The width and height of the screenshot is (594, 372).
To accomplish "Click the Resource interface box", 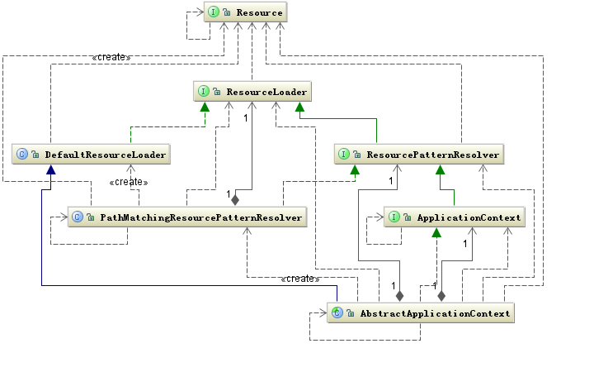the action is (x=246, y=12).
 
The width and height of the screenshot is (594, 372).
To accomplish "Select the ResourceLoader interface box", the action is (x=252, y=91).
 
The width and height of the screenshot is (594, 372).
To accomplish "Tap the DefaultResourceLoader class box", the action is (x=91, y=154).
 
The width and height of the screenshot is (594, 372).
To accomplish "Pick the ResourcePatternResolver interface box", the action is (x=419, y=154).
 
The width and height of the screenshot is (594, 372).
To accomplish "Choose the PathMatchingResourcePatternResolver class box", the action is (x=187, y=217).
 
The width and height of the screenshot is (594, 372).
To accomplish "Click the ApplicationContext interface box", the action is (x=455, y=217).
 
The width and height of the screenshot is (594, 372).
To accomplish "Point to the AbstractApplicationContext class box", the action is (x=421, y=312).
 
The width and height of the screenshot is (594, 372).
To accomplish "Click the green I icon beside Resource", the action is (x=214, y=12).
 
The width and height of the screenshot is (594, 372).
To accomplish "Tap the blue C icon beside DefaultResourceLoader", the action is (x=22, y=154).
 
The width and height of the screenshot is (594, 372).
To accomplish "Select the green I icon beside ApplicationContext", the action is (x=394, y=217).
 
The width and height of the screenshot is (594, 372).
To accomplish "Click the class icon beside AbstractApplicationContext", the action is (x=337, y=312).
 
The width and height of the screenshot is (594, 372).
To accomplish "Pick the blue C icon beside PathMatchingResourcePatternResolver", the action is (x=78, y=217).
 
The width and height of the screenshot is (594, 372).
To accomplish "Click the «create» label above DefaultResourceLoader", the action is (x=111, y=57).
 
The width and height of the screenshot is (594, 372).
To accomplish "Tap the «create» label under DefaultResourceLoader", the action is (x=129, y=182).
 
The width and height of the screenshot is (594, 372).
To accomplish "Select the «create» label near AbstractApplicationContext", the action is (x=300, y=279).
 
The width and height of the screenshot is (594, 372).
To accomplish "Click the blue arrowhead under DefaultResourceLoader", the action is (x=51, y=169).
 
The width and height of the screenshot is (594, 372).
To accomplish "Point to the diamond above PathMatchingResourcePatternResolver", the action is (x=235, y=200).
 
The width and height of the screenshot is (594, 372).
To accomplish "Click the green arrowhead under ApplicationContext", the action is (x=436, y=232).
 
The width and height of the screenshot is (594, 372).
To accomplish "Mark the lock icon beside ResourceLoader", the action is (x=217, y=92).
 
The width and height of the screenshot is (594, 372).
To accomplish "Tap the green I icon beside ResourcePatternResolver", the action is (x=343, y=154).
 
